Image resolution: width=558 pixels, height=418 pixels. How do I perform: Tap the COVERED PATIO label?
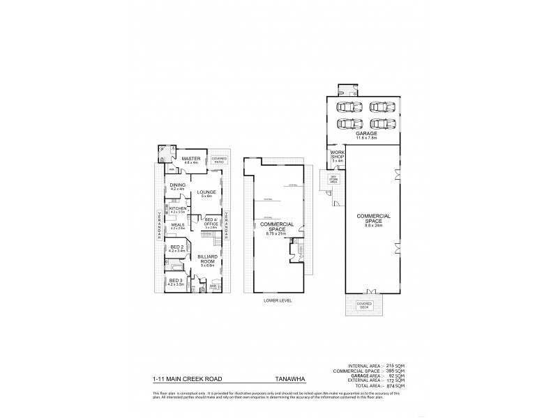(220, 160)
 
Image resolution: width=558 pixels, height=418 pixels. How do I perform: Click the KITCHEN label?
(176, 208)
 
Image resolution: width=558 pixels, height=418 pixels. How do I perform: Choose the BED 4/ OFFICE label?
(211, 221)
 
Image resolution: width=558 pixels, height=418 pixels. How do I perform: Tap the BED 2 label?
(176, 246)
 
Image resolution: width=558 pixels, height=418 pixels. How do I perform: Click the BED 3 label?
(175, 280)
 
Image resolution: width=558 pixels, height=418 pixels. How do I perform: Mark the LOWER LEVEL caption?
(278, 301)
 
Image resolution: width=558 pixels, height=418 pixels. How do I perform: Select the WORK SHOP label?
(338, 155)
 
